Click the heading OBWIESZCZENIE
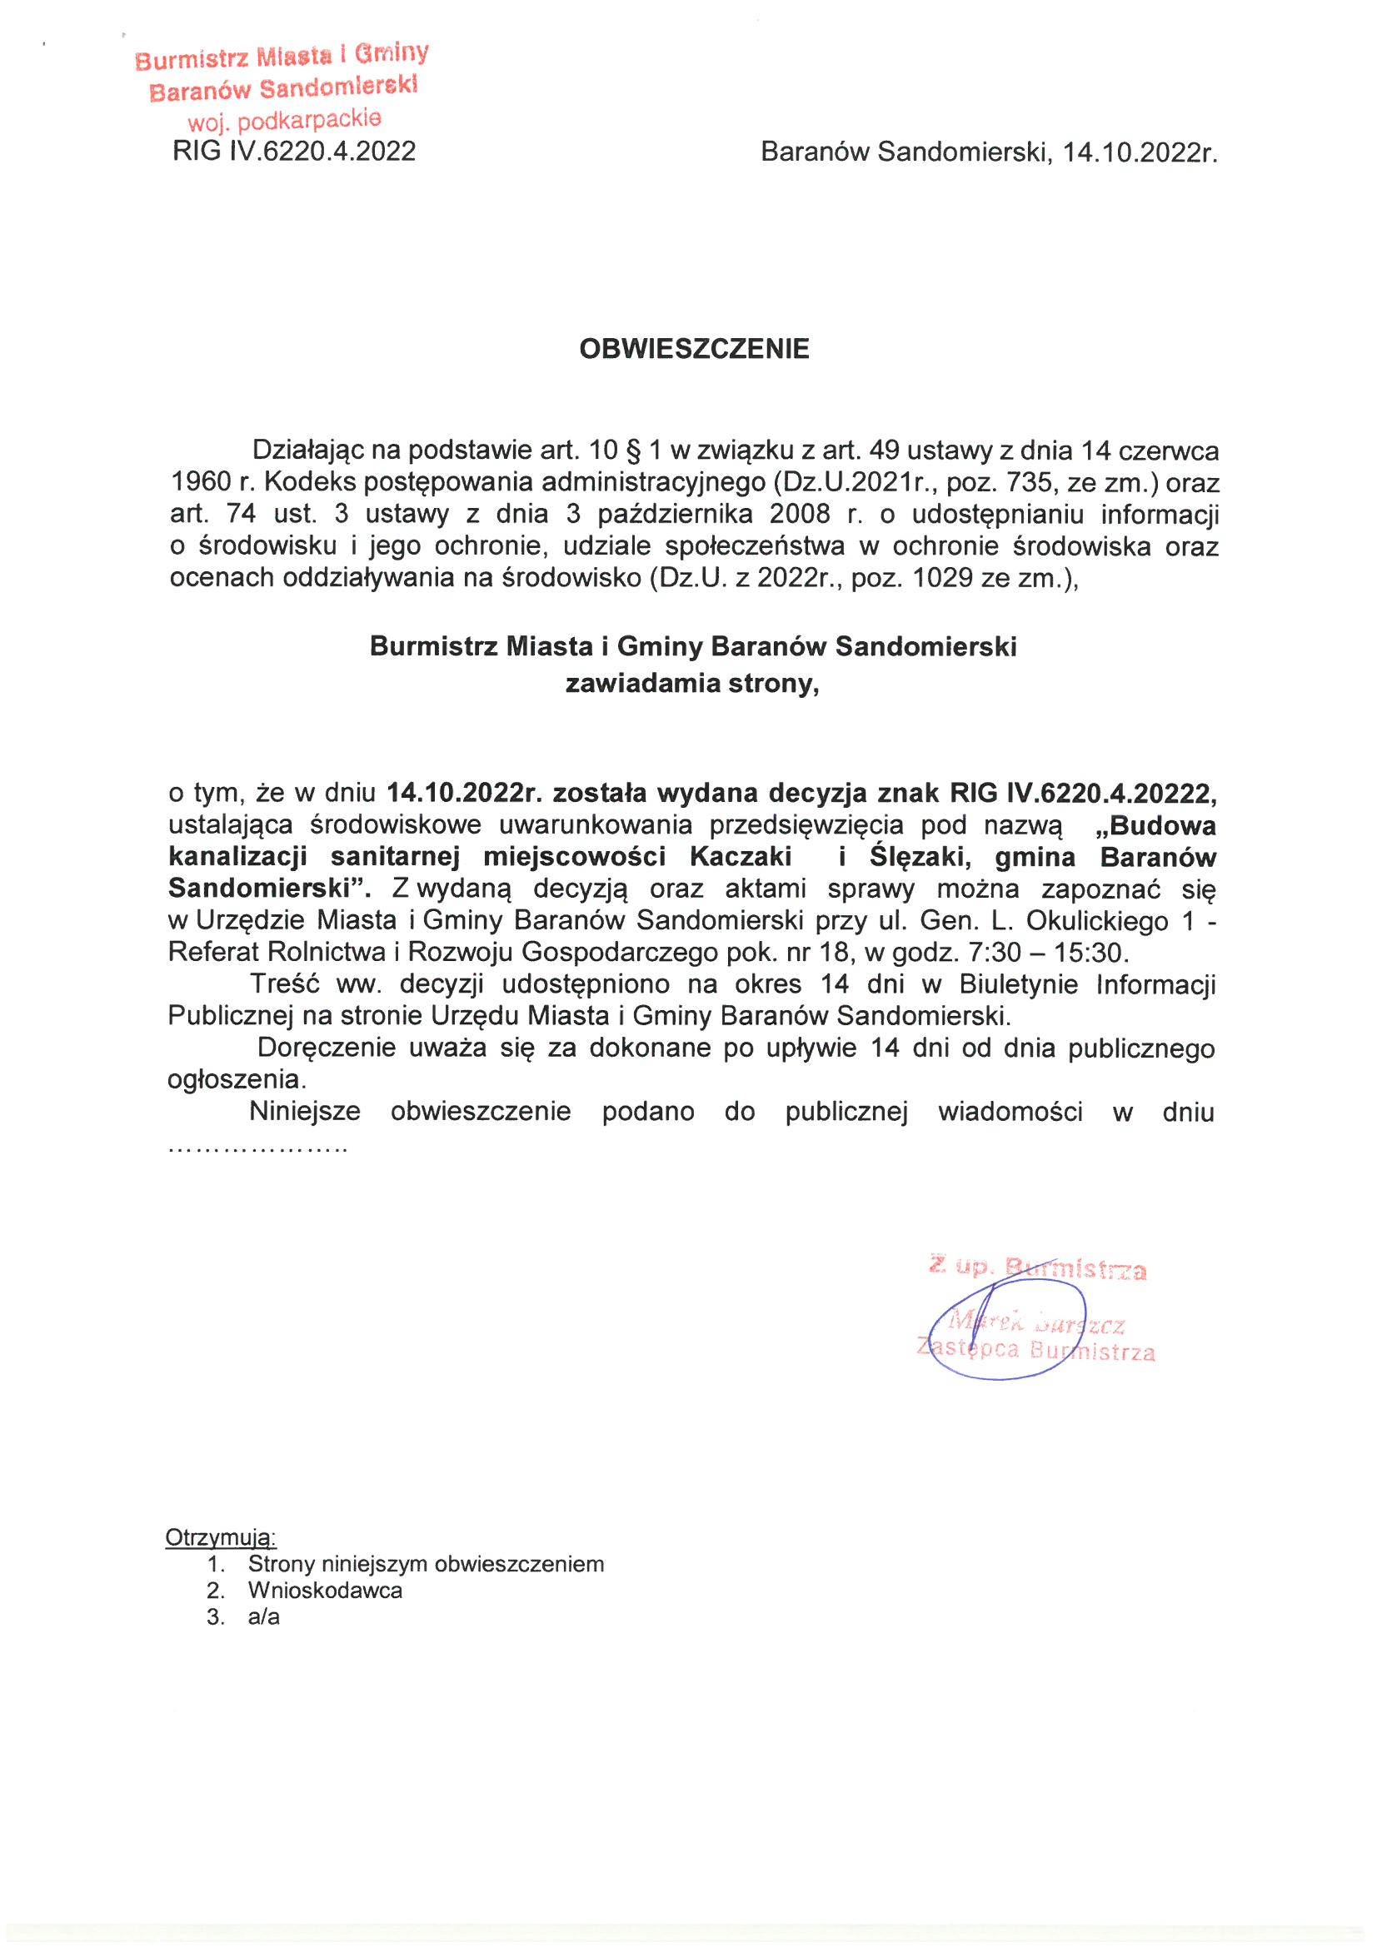(693, 349)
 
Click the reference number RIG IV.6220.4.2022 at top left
(293, 151)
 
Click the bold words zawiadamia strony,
(692, 683)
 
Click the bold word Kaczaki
(740, 856)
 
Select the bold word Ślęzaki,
(920, 856)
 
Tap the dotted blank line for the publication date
(258, 1150)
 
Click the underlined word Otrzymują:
(221, 1537)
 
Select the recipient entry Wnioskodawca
(325, 1590)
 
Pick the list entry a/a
(263, 1616)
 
